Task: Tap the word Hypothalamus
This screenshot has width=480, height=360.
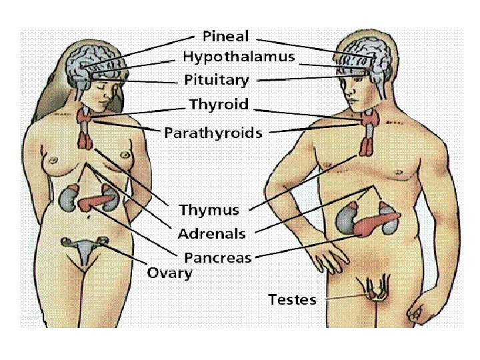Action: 238,57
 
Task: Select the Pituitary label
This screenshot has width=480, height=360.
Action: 216,81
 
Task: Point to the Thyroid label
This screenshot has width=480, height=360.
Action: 219,105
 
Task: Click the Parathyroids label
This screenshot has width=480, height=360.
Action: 213,132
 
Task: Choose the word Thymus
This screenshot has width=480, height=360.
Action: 209,211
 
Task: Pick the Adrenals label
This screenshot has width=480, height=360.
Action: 211,234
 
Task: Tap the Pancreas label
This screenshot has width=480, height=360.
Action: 217,257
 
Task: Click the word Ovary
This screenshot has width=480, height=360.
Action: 169,273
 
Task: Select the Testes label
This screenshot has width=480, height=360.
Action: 292,300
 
